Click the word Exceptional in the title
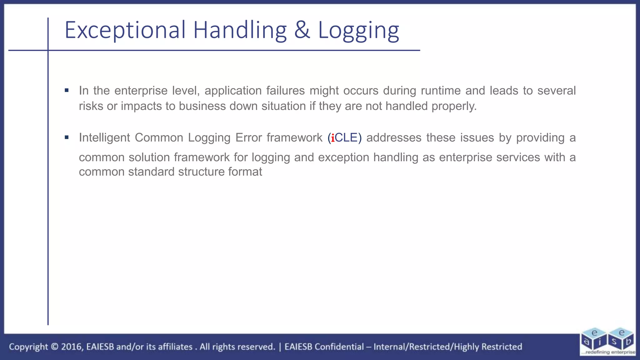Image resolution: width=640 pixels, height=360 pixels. (125, 30)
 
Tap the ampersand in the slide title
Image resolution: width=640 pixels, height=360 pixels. (302, 30)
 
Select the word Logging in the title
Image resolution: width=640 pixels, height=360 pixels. (358, 30)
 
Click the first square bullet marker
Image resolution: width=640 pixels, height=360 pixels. (67, 91)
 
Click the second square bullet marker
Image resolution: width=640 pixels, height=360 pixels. (67, 137)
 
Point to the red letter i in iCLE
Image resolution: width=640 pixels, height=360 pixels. (333, 138)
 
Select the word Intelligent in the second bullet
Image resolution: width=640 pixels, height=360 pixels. (104, 138)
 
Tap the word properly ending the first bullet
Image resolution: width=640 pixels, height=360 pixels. (454, 106)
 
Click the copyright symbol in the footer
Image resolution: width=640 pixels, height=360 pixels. (54, 347)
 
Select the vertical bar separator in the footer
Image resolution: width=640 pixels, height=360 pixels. (280, 347)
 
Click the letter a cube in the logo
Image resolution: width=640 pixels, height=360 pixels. (587, 342)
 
